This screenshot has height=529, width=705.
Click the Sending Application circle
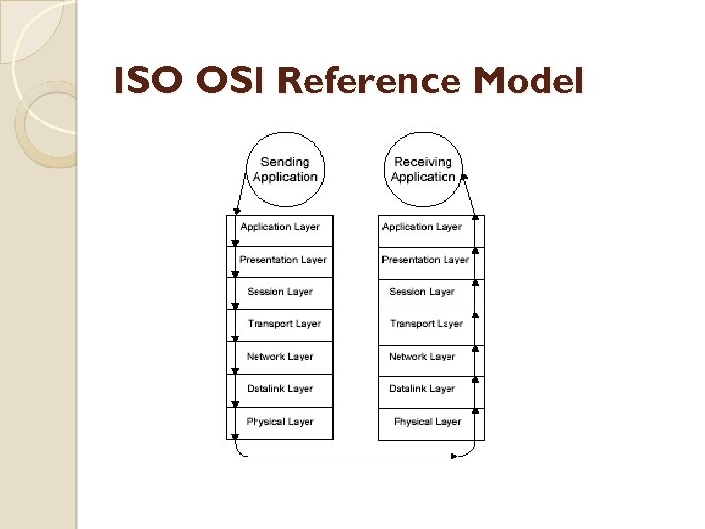tap(285, 169)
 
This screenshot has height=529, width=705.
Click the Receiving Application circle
tap(423, 169)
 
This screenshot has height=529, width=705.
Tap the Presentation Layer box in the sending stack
tap(282, 260)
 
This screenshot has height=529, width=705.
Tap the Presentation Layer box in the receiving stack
tap(425, 260)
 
